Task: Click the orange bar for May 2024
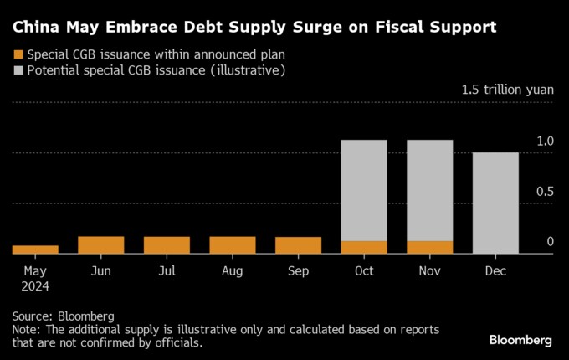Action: click(x=35, y=249)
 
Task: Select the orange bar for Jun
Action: click(x=100, y=244)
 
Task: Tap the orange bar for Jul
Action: click(x=167, y=244)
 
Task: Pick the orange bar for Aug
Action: click(x=233, y=244)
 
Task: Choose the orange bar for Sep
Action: click(x=298, y=244)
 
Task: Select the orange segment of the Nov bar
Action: click(x=429, y=247)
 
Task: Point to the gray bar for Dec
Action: click(x=495, y=203)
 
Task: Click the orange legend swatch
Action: click(x=18, y=54)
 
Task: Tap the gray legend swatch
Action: click(x=18, y=70)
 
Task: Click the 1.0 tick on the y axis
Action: click(x=546, y=141)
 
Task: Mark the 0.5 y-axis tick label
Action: click(x=546, y=191)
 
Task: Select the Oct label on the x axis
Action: click(x=364, y=270)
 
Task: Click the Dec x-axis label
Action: click(x=495, y=270)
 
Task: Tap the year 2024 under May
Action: click(x=35, y=285)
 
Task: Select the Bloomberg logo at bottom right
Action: click(x=520, y=340)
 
